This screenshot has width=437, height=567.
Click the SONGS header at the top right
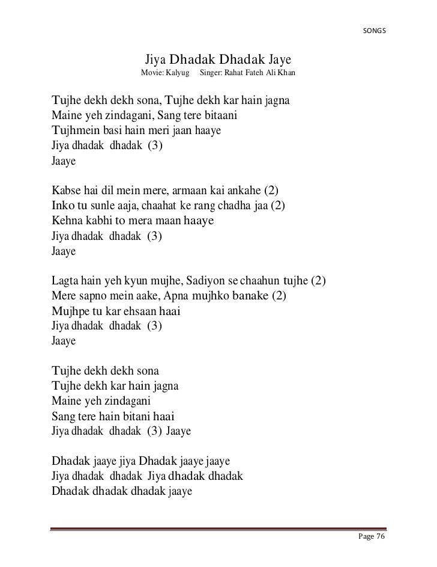(376, 31)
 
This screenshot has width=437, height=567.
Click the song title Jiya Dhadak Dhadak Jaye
(218, 60)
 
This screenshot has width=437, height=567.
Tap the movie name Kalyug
(178, 73)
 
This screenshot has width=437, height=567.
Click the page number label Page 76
(371, 536)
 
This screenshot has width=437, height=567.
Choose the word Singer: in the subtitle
(212, 73)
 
